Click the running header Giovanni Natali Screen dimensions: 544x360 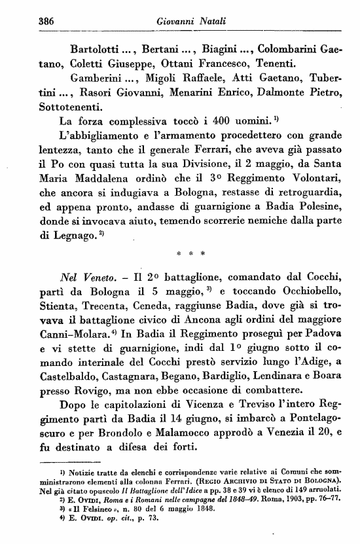[184, 22]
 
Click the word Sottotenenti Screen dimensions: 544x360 [69, 106]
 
